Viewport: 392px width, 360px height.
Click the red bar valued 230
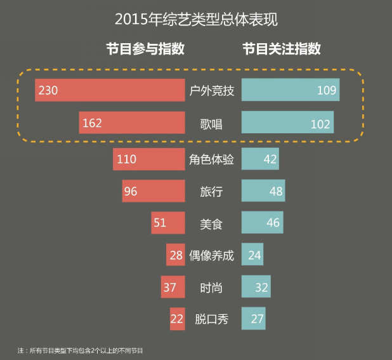point(110,90)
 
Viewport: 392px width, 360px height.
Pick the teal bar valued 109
point(291,90)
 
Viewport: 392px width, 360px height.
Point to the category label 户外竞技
point(212,91)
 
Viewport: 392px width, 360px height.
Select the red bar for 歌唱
point(132,123)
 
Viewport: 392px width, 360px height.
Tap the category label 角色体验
point(212,159)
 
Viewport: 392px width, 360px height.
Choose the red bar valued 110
point(149,159)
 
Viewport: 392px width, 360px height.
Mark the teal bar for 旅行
point(263,191)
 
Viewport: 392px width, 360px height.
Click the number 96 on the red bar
point(131,191)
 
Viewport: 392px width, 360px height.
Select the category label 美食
point(211,223)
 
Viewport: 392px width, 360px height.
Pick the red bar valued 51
point(168,223)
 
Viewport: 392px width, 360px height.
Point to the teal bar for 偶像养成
point(252,255)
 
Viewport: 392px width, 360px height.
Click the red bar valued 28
point(176,255)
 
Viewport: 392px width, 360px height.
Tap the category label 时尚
point(211,288)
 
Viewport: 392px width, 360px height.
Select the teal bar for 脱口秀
point(253,319)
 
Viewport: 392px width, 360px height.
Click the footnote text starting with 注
point(85,350)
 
